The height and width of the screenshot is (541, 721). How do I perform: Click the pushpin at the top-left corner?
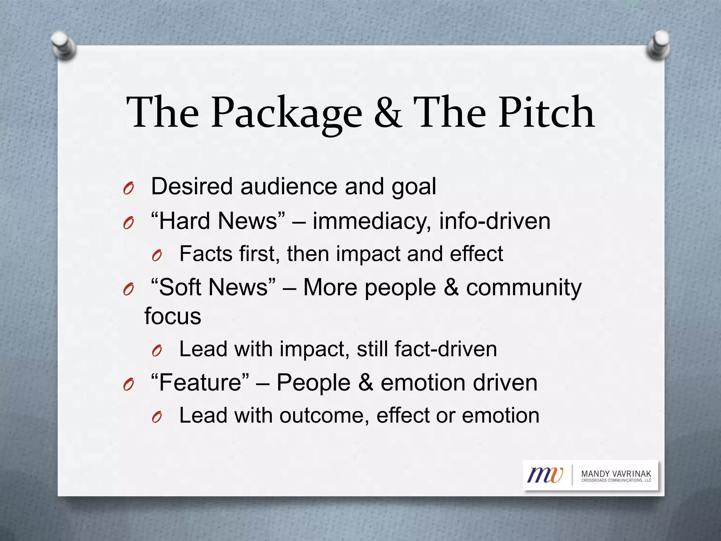pyautogui.click(x=63, y=45)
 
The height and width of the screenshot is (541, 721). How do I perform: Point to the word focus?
pyautogui.click(x=173, y=316)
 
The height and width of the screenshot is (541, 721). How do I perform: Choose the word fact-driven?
pyautogui.click(x=445, y=349)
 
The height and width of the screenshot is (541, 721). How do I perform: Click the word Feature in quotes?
pyautogui.click(x=200, y=383)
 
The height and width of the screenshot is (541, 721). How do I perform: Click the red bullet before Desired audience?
pyautogui.click(x=128, y=189)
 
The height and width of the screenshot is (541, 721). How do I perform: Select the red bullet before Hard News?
pyautogui.click(x=128, y=223)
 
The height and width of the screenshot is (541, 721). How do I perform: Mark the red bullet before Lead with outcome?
pyautogui.click(x=157, y=418)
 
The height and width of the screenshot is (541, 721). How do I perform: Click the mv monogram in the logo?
pyautogui.click(x=545, y=475)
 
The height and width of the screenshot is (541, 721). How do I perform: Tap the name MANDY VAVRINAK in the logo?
pyautogui.click(x=616, y=474)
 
